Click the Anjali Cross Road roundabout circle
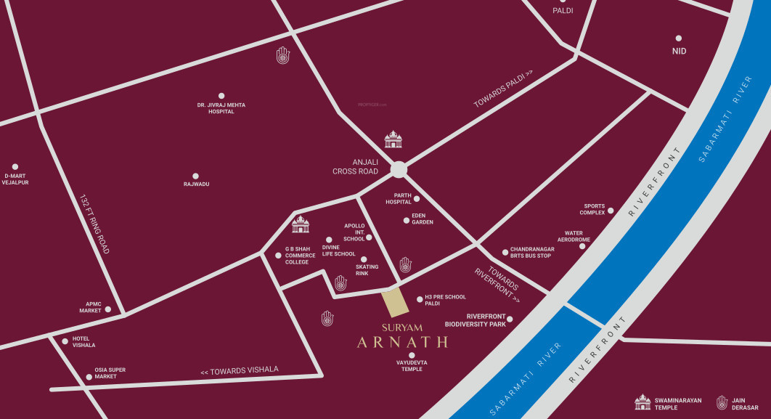(399, 169)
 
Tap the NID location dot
(679, 38)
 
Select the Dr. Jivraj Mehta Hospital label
(221, 108)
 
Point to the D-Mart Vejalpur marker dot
(15, 166)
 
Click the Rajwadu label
(196, 184)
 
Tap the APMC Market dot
(108, 309)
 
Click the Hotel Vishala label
(83, 342)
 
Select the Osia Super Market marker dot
(89, 377)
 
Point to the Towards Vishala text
(239, 370)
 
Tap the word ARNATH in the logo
(401, 341)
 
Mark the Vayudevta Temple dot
(412, 355)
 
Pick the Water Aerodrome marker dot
(582, 246)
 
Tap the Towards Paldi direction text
(504, 89)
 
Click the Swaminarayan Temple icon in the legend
(642, 402)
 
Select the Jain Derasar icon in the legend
(722, 402)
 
